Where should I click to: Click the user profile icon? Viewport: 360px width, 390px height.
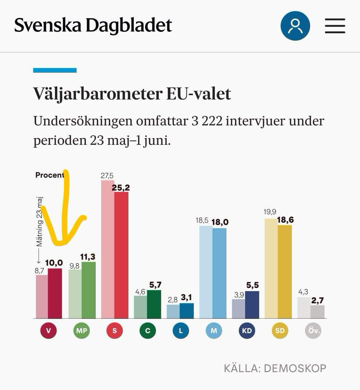(x=295, y=26)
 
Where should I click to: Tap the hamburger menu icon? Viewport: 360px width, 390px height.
(x=335, y=26)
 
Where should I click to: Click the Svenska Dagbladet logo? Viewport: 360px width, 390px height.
(x=93, y=25)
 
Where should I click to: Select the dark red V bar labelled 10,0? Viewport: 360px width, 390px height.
(x=55, y=293)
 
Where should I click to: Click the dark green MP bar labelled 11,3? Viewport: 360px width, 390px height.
(x=89, y=290)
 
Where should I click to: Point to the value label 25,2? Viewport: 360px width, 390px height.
(x=121, y=187)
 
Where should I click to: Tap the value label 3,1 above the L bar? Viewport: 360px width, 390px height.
(x=186, y=297)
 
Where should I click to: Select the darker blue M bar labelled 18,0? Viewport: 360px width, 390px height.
(x=219, y=273)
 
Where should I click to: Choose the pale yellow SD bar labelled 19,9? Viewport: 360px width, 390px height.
(x=271, y=268)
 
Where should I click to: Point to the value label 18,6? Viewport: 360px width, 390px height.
(x=285, y=220)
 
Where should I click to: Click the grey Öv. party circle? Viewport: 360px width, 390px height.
(x=313, y=331)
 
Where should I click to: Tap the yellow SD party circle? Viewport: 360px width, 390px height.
(x=280, y=331)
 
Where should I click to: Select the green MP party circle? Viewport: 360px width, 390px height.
(x=82, y=331)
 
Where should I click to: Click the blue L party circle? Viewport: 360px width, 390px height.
(x=181, y=331)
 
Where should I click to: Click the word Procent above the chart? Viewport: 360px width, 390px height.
(x=50, y=175)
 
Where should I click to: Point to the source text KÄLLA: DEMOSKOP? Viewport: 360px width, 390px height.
(x=275, y=368)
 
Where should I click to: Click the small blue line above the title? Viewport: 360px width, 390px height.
(x=55, y=70)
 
